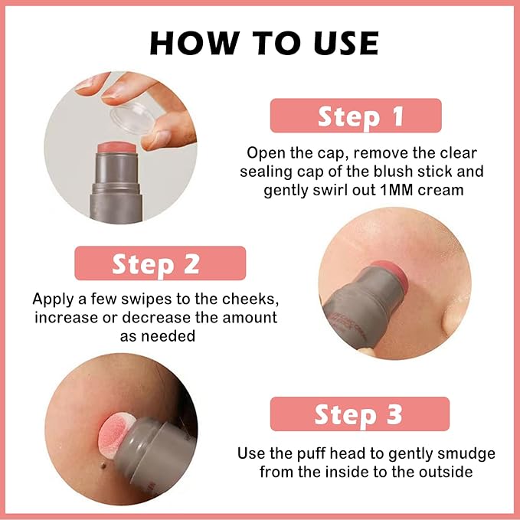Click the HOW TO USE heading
point(263,44)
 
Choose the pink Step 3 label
point(359,414)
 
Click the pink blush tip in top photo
point(114,152)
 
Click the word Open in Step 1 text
point(262,152)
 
